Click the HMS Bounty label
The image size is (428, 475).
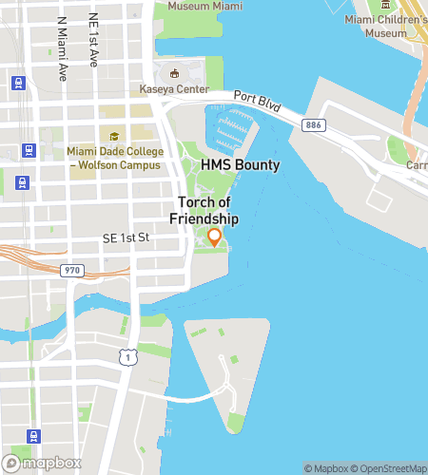pos(240,165)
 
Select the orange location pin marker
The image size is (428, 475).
pos(215,237)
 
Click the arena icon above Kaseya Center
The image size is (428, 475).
pos(173,73)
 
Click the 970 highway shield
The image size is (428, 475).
pos(72,271)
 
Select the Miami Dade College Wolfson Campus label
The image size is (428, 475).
pos(113,157)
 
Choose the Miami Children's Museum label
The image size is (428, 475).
pos(387,26)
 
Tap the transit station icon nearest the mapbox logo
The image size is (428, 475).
pos(35,436)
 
